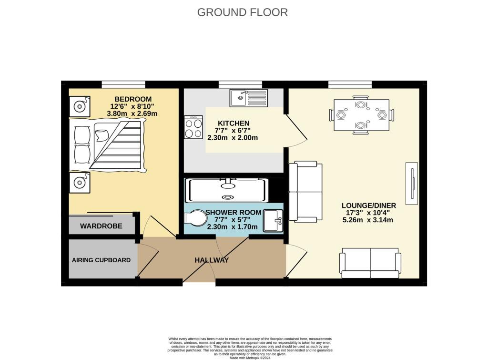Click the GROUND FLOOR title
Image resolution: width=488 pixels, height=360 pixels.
[x=243, y=12]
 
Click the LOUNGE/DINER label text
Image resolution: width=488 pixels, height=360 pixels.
[x=368, y=206]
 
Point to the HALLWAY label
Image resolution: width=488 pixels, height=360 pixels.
[x=212, y=260]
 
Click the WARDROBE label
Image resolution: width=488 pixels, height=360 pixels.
[x=101, y=226]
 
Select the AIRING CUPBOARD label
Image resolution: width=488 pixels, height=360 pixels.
[x=101, y=260]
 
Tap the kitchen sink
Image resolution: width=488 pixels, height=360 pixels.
[x=249, y=98]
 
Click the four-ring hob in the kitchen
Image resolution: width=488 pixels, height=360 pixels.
[x=193, y=127]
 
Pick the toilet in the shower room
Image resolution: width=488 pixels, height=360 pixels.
[x=194, y=218]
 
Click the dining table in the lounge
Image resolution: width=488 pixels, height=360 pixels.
[x=361, y=115]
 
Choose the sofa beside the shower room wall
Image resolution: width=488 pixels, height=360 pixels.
[x=305, y=192]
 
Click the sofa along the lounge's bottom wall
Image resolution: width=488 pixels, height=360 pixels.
[x=370, y=263]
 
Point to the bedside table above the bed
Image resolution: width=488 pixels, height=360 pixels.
[x=79, y=106]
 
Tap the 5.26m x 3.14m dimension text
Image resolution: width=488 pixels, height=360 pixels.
[x=368, y=220]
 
